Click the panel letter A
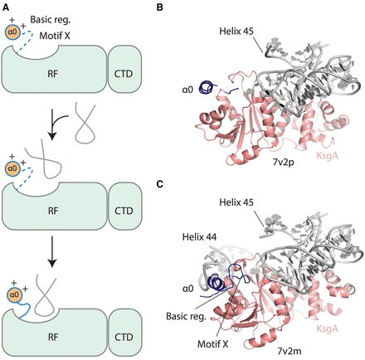[6, 7]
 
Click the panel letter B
[159, 7]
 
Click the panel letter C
[159, 184]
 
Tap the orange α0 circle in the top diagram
[12, 32]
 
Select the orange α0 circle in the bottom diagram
[14, 295]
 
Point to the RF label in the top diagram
[53, 74]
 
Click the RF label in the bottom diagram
[53, 337]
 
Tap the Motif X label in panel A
[55, 36]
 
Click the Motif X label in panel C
[213, 344]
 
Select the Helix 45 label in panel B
[236, 31]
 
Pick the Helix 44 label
[199, 237]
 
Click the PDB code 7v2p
[284, 162]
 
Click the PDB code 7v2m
[290, 351]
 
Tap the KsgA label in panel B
[327, 156]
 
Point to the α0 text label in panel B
[187, 90]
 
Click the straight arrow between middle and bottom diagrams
[52, 252]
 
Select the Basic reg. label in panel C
[186, 316]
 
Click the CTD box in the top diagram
[124, 69]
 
